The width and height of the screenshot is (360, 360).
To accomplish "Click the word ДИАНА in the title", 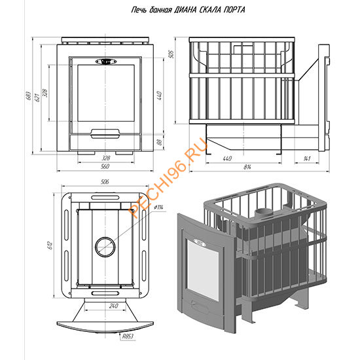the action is (x=185, y=10).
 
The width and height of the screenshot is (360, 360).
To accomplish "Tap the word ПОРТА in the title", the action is (x=234, y=10).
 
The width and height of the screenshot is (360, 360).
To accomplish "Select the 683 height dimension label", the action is (x=28, y=96).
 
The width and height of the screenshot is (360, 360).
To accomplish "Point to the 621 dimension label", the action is (x=37, y=98).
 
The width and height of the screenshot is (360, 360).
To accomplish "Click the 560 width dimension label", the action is (x=105, y=166).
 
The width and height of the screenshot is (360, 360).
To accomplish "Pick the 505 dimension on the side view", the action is (x=171, y=54).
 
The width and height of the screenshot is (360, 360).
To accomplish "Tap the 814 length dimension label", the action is (x=247, y=167).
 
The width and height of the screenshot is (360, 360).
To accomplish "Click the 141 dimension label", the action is (x=307, y=158).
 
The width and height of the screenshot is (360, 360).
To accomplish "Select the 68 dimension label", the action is (x=159, y=142).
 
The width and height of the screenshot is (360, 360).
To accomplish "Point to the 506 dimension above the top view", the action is (x=105, y=182).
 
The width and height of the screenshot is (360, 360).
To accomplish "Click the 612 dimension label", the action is (x=50, y=245).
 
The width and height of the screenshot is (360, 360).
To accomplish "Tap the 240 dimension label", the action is (x=114, y=306).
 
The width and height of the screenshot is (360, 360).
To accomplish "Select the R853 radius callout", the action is (x=128, y=336).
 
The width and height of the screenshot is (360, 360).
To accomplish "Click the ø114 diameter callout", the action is (x=159, y=207).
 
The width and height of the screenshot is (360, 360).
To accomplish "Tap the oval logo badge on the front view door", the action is (x=106, y=62).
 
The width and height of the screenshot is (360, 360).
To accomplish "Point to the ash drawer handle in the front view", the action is (x=105, y=134).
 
